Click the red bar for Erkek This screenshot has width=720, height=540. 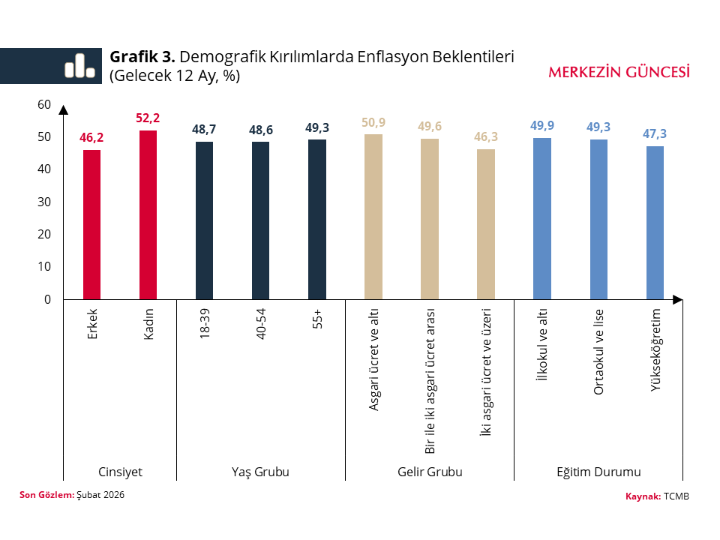pyautogui.click(x=92, y=225)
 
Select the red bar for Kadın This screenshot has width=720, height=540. pyautogui.click(x=148, y=215)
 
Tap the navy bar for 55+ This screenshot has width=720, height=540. pyautogui.click(x=317, y=220)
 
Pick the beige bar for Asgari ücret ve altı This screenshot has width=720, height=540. pyautogui.click(x=373, y=217)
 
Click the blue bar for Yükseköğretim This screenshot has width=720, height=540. pyautogui.click(x=655, y=223)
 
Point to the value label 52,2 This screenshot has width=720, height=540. pyautogui.click(x=148, y=118)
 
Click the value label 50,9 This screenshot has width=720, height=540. pyautogui.click(x=373, y=122)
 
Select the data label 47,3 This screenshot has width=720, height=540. pyautogui.click(x=655, y=134)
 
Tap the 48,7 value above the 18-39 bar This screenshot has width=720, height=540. pyautogui.click(x=205, y=130)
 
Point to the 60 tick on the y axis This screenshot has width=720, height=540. pyautogui.click(x=43, y=104)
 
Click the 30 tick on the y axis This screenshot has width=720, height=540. pyautogui.click(x=43, y=202)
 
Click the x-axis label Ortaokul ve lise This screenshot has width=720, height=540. pyautogui.click(x=598, y=352)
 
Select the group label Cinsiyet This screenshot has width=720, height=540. pyautogui.click(x=121, y=472)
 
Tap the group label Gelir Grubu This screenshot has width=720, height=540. pyautogui.click(x=430, y=472)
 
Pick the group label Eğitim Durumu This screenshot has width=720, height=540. pyautogui.click(x=598, y=472)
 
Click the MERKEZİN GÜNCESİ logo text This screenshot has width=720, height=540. pyautogui.click(x=619, y=72)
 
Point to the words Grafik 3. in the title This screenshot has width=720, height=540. pyautogui.click(x=142, y=57)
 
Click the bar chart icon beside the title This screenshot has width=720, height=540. pyautogui.click(x=79, y=66)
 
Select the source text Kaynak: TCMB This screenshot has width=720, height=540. pyautogui.click(x=657, y=496)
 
